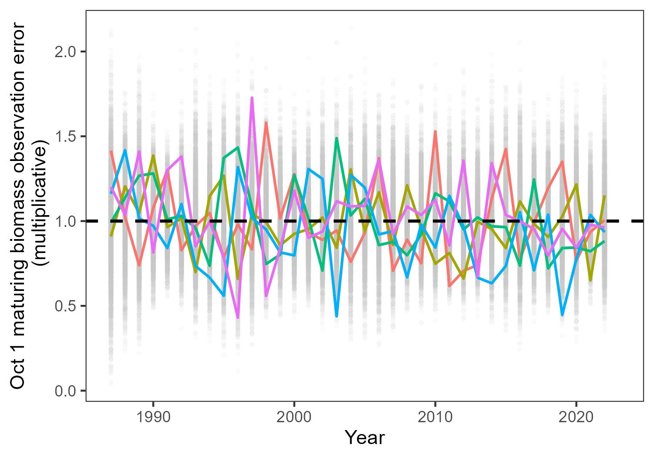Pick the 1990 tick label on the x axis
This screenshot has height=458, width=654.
(x=153, y=417)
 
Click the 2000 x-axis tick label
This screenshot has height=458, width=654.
(x=294, y=417)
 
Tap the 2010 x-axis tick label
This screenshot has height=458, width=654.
(x=435, y=417)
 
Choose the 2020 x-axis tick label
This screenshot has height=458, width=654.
(x=576, y=417)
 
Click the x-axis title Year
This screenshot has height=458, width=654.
(x=364, y=437)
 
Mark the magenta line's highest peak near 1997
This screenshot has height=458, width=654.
(x=252, y=98)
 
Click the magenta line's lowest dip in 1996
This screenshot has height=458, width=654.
(x=238, y=318)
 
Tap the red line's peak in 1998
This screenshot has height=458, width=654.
(x=266, y=123)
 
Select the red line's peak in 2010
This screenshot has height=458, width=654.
(x=435, y=131)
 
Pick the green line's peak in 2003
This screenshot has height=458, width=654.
(x=337, y=138)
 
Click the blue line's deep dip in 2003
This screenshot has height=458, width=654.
(x=337, y=315)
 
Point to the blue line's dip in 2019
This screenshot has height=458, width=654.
(x=562, y=314)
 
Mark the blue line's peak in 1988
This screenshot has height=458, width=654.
(x=125, y=150)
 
